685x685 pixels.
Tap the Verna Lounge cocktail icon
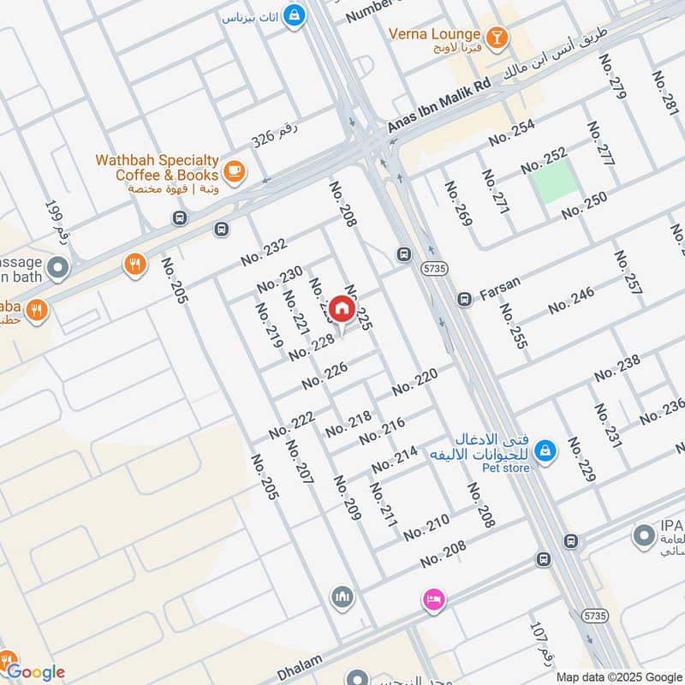[496, 36]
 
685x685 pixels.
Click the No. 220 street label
[415, 382]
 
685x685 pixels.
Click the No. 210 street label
[426, 527]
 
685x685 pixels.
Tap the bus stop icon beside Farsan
[464, 299]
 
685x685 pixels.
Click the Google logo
[36, 672]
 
